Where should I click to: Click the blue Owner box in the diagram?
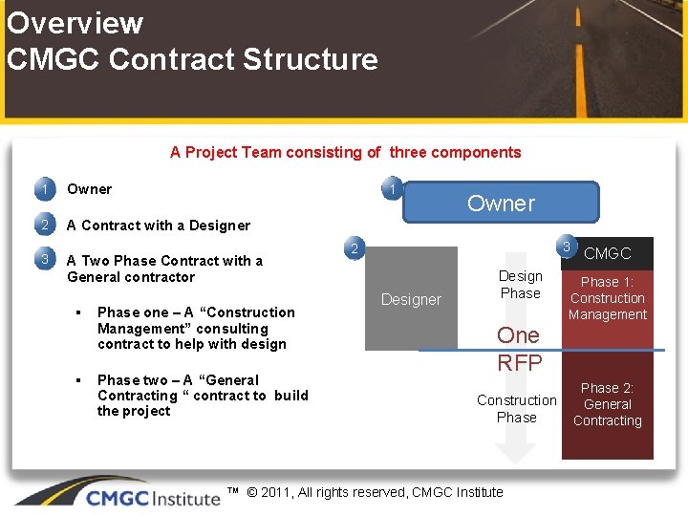coord(501,203)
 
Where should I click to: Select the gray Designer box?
coord(411,299)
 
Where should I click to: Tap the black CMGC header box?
coord(608,253)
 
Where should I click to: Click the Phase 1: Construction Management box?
coord(608,298)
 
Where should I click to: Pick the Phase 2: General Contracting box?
coord(608,404)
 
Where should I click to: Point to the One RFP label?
coord(519,349)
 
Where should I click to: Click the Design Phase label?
coord(521,285)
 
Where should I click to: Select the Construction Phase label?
coord(517,408)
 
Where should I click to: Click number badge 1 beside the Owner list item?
coord(43,189)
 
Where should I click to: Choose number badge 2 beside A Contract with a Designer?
coord(43,226)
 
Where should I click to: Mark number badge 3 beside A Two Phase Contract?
coord(43,260)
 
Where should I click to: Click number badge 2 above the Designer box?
coord(354,250)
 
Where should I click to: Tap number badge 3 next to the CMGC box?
coord(567,247)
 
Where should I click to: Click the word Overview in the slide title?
coord(75,22)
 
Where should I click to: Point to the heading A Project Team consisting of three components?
coord(345,152)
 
